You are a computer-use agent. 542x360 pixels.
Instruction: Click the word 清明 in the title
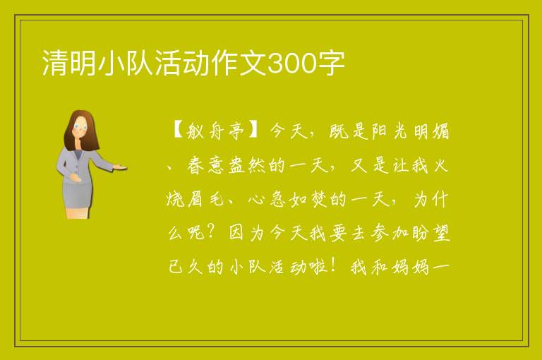coord(68,63)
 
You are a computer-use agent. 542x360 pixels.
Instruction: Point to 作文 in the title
coord(239,63)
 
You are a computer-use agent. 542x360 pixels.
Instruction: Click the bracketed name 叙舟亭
coord(215,132)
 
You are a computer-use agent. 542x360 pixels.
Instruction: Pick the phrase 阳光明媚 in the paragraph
coord(411,131)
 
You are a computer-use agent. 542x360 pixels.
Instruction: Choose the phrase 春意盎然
coord(227,166)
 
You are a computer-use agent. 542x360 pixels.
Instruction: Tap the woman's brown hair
coord(80,130)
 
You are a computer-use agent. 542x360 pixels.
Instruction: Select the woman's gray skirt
coord(78,194)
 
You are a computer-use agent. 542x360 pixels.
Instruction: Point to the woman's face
coord(80,127)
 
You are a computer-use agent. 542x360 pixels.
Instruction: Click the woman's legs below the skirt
coord(78,213)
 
